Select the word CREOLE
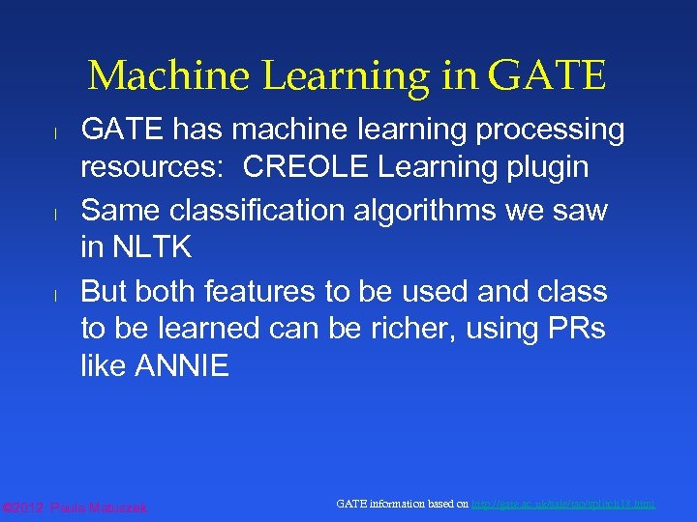tap(306, 167)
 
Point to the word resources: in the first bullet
tap(155, 167)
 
